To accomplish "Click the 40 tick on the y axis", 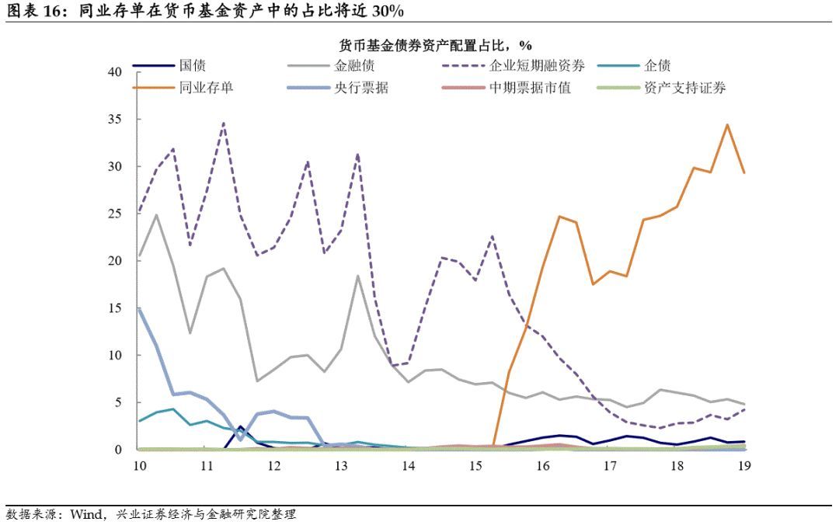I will (x=115, y=72).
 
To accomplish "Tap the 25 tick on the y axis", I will (x=115, y=214).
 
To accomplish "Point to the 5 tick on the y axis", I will (x=118, y=402).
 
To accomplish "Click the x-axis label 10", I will (x=139, y=465).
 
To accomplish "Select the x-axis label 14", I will (x=409, y=465).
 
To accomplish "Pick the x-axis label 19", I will (x=743, y=465).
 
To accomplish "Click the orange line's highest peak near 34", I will (x=727, y=124).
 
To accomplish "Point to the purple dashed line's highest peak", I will (x=224, y=123).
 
